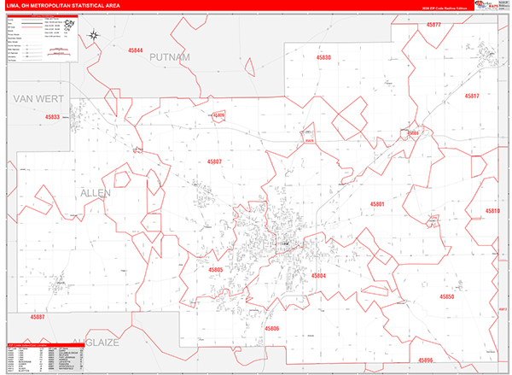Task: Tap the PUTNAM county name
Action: tap(169, 56)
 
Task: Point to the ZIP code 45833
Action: tap(53, 117)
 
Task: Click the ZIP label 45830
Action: tap(322, 57)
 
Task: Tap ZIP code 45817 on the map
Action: tap(472, 97)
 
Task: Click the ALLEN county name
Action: tap(96, 194)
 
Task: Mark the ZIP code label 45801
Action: tap(377, 204)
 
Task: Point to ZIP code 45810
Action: tap(492, 210)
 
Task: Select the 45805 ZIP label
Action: tap(215, 269)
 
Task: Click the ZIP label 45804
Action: tap(318, 275)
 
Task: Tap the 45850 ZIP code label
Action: tap(447, 296)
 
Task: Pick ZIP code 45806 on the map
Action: tap(271, 328)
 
